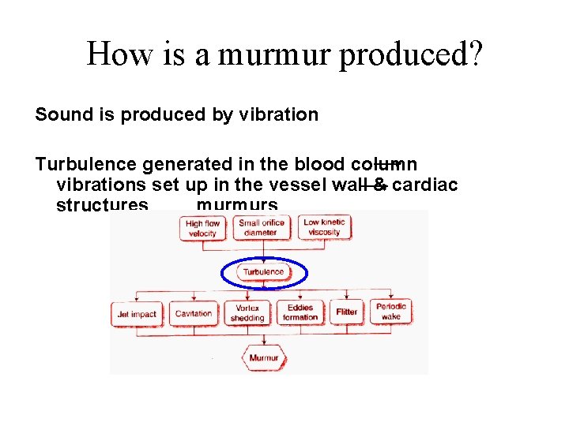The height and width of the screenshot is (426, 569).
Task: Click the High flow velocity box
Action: click(202, 229)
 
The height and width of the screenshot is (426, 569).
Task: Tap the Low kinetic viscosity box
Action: click(323, 227)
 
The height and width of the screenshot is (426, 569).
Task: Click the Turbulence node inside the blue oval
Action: click(263, 272)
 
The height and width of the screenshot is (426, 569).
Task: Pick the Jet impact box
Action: click(136, 314)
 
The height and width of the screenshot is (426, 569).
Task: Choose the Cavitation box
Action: click(193, 314)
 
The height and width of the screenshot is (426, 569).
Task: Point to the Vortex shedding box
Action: click(247, 313)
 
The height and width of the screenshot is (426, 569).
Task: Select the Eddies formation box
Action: click(301, 313)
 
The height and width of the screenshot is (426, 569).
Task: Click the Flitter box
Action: click(346, 312)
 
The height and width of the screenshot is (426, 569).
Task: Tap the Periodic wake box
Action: click(391, 312)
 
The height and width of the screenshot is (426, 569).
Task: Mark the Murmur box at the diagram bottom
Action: click(263, 358)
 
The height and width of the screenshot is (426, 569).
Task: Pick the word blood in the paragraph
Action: click(318, 165)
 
